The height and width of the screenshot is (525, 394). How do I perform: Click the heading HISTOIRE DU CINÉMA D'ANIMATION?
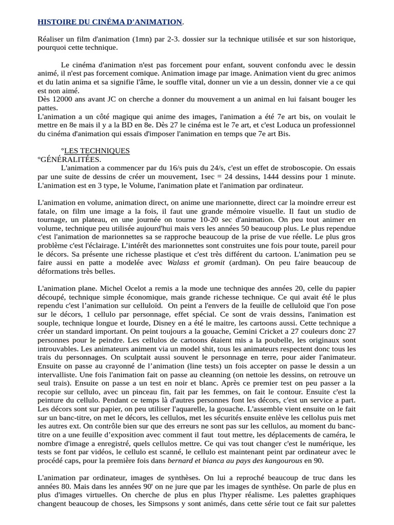coord(110,22)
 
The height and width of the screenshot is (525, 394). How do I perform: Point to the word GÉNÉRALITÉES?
coord(71,159)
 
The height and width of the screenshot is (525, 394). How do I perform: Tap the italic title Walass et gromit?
coord(196,262)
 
